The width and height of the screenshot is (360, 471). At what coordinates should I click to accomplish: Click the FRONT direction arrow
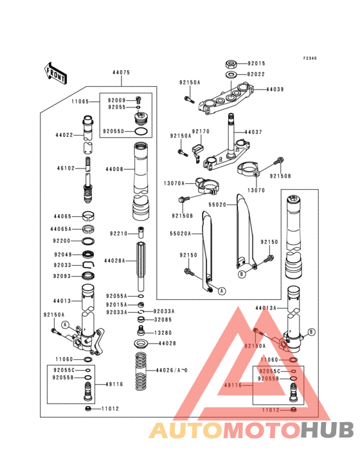pyautogui.click(x=57, y=73)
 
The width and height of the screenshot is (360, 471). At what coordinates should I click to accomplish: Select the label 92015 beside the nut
pyautogui.click(x=256, y=64)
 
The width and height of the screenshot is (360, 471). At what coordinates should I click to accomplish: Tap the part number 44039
pyautogui.click(x=275, y=89)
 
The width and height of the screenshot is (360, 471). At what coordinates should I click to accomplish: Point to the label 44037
pyautogui.click(x=253, y=132)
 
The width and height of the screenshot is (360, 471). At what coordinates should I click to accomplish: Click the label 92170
pyautogui.click(x=201, y=131)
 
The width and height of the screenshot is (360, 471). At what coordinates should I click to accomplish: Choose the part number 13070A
pyautogui.click(x=174, y=183)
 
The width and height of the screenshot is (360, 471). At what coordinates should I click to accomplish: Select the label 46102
pyautogui.click(x=65, y=169)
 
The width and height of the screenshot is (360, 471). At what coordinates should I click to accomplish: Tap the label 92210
pyautogui.click(x=118, y=234)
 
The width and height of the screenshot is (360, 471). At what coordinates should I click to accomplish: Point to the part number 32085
pyautogui.click(x=163, y=319)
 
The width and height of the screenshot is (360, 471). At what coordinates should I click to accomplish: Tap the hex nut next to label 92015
pyautogui.click(x=230, y=64)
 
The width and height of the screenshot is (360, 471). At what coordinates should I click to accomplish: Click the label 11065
pyautogui.click(x=80, y=102)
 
